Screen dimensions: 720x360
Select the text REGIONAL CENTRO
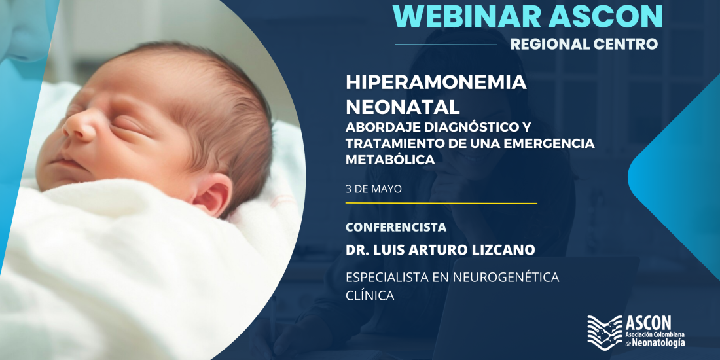584,44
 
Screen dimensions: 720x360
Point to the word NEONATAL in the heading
403,107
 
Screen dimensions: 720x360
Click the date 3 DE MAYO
374,189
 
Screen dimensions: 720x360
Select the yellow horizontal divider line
441,202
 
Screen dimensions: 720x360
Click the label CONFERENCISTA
396,227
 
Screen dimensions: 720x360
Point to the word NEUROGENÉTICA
506,278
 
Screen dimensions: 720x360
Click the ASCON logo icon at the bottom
605,330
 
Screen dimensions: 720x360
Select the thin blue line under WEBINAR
446,45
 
